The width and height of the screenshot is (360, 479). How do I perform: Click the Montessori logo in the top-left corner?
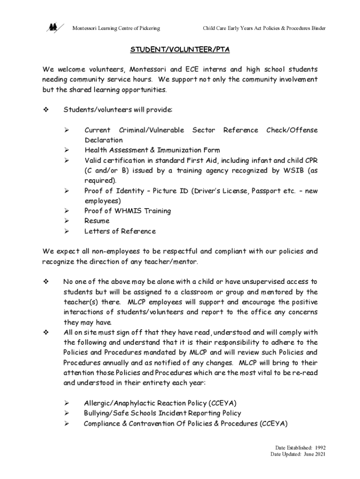coord(52,28)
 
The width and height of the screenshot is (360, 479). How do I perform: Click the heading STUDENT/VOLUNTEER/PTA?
coord(180,49)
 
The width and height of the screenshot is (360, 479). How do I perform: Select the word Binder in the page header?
coord(317,29)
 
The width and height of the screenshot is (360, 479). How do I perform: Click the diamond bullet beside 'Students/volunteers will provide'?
coord(46,110)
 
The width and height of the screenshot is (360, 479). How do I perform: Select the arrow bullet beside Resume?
coord(67,221)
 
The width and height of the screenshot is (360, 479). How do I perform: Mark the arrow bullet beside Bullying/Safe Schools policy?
coord(67,414)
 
